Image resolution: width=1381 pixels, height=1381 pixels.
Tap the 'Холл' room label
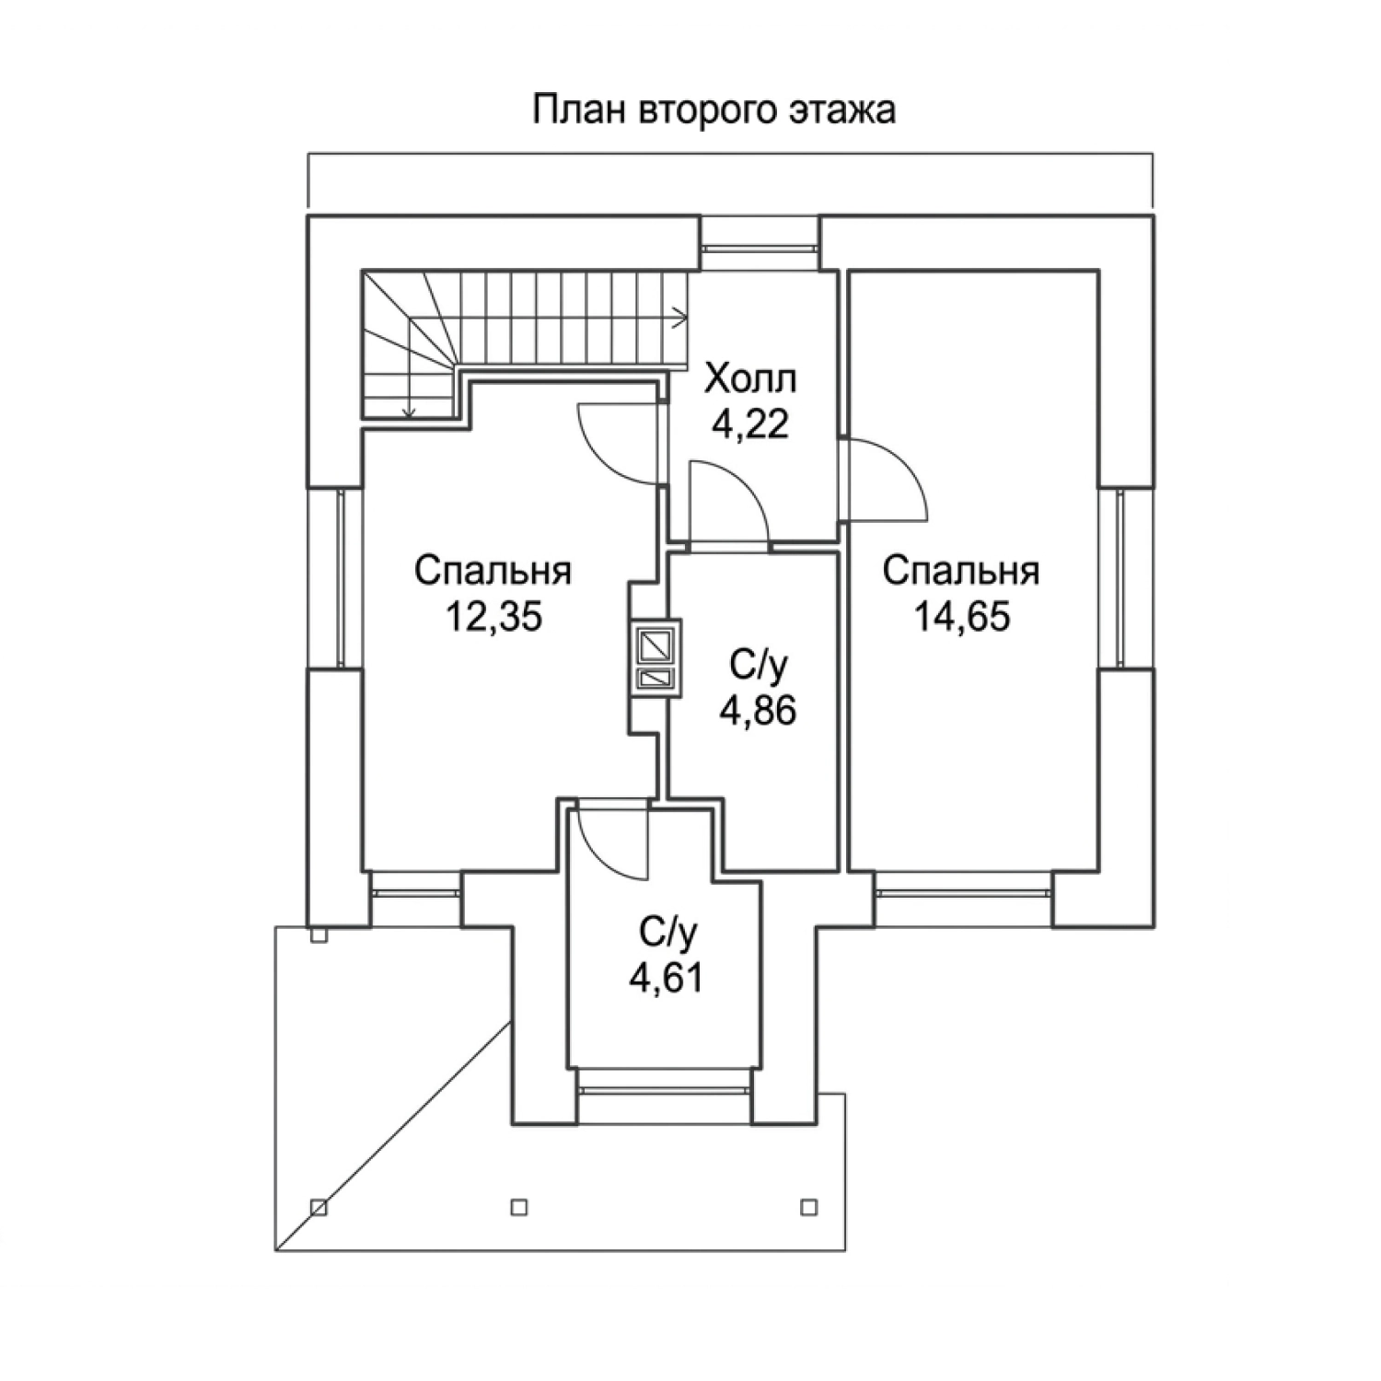[x=750, y=378]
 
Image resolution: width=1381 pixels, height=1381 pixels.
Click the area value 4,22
[x=750, y=424]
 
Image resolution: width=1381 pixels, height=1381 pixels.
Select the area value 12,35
[x=493, y=617]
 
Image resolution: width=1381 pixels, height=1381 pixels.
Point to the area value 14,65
[x=961, y=617]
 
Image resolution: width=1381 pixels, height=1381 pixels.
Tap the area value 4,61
[x=666, y=977]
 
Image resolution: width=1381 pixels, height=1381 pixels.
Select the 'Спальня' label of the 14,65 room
[x=961, y=571]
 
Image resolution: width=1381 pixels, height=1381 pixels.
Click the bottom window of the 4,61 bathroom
[x=666, y=1089]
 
